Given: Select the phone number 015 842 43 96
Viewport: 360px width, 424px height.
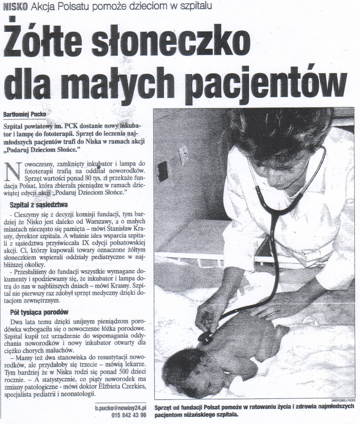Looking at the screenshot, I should tap(128, 414).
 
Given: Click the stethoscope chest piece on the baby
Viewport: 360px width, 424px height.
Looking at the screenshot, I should tap(206, 337).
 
